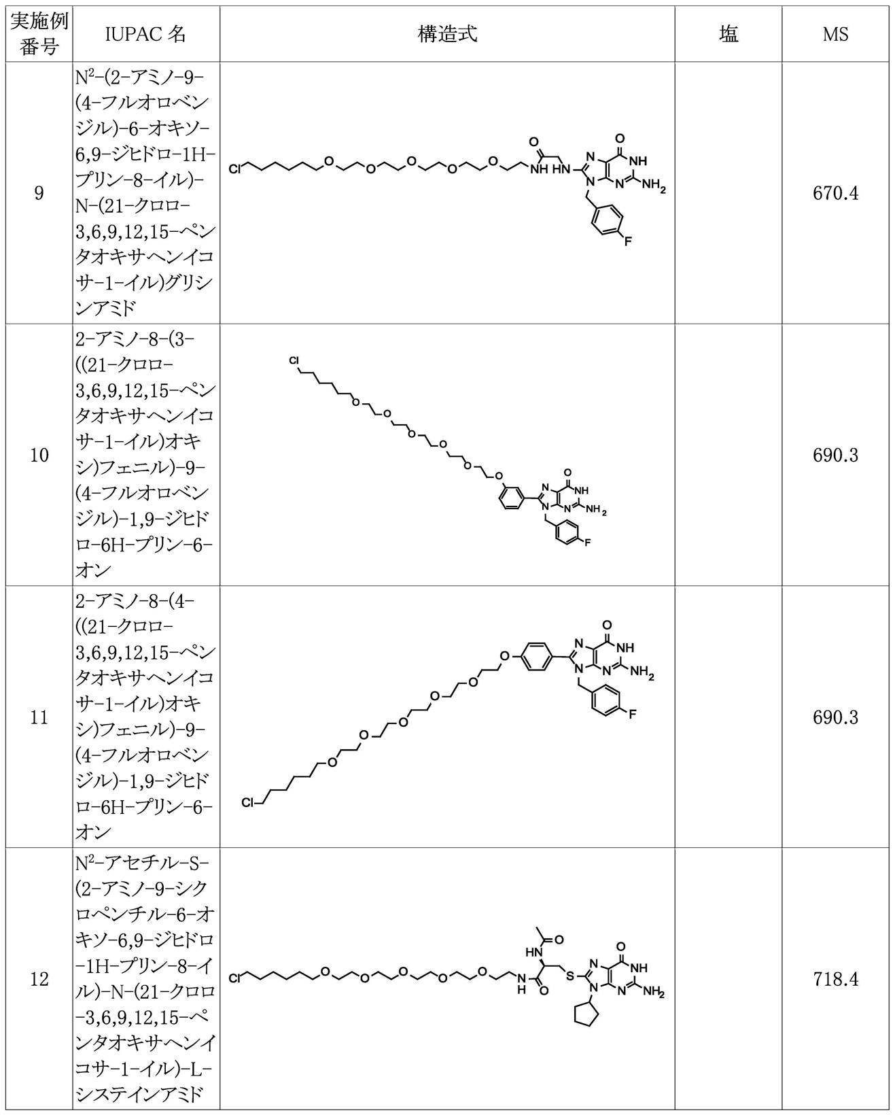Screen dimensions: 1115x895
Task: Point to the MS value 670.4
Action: [x=835, y=194]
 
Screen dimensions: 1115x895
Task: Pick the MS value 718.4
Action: [x=835, y=979]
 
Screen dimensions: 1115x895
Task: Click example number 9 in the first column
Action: [x=39, y=194]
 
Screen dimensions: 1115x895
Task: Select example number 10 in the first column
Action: [x=39, y=455]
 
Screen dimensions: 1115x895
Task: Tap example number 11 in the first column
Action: [x=39, y=717]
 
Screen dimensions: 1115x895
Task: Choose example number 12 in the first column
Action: [x=39, y=979]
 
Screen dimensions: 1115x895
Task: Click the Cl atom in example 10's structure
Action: [x=294, y=360]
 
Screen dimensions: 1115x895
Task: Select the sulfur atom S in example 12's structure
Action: [x=570, y=976]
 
